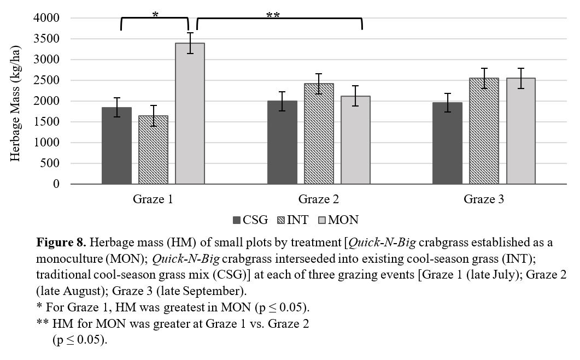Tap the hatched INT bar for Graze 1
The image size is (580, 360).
153,150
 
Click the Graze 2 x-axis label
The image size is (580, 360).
319,199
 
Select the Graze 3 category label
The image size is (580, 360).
484,199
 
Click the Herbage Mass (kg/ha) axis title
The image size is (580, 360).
15,101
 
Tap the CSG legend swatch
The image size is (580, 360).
237,220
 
